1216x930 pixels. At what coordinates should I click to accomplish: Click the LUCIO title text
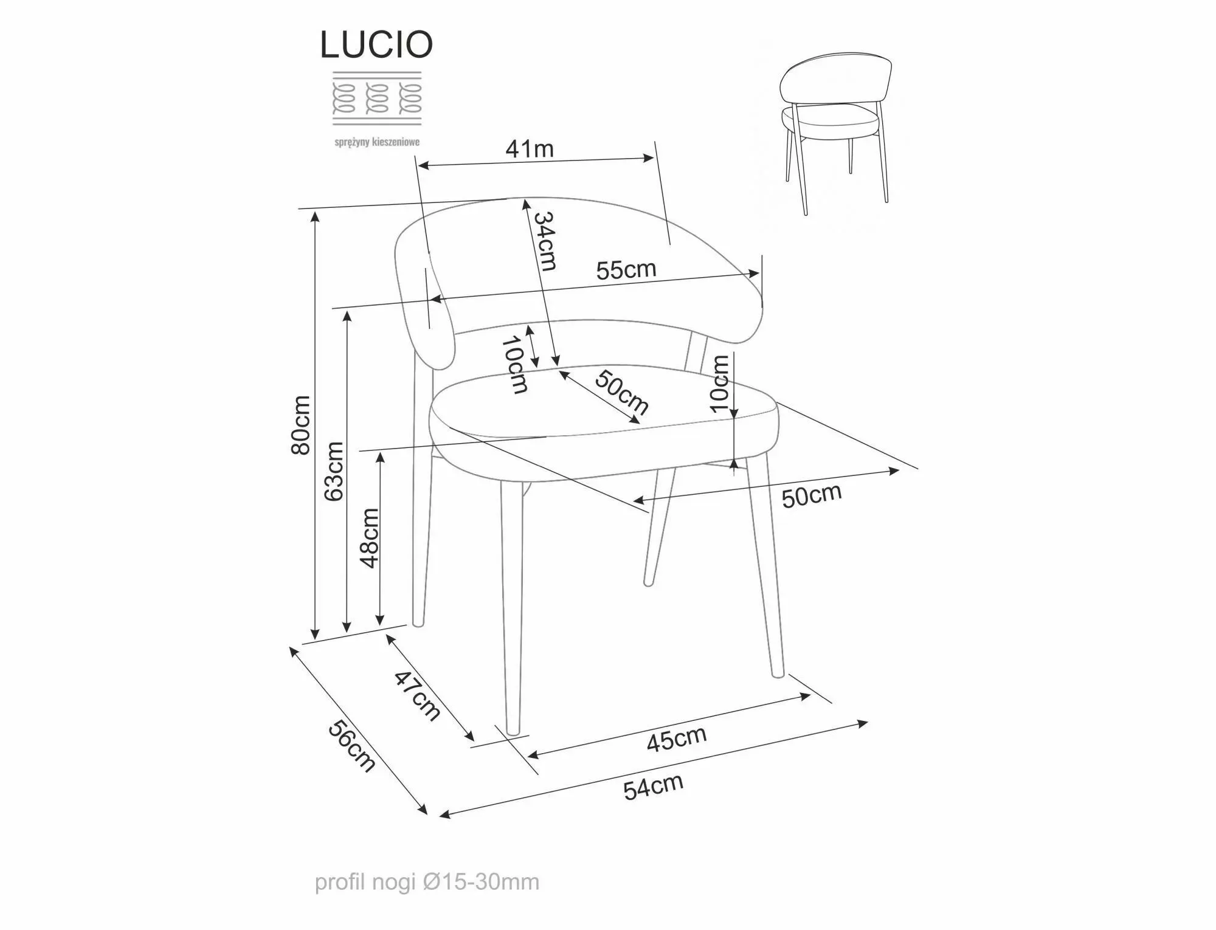[376, 44]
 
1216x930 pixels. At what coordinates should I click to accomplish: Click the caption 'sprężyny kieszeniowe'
[377, 142]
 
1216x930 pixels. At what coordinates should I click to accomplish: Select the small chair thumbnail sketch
[836, 134]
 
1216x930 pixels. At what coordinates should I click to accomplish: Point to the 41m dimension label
[530, 149]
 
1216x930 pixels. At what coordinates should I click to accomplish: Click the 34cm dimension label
[545, 241]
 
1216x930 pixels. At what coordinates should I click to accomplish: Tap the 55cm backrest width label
[626, 269]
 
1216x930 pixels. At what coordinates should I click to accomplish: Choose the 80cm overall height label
[301, 425]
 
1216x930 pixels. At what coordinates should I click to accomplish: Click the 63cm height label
[333, 471]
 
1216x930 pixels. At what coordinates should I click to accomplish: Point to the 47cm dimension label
[417, 695]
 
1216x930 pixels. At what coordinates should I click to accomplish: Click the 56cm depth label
[351, 745]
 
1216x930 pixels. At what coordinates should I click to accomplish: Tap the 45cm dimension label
[676, 739]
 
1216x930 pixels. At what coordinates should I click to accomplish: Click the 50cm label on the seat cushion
[621, 392]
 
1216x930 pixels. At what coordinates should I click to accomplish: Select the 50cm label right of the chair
[811, 496]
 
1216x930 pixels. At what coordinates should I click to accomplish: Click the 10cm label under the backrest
[514, 365]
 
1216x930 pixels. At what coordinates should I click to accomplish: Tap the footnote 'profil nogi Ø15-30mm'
[427, 882]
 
